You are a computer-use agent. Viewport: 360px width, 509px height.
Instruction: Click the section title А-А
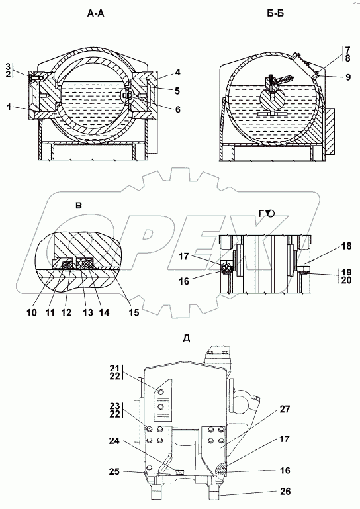click(96, 13)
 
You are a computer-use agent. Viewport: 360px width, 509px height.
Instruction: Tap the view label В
click(79, 205)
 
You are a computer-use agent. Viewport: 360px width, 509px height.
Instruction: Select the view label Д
click(187, 338)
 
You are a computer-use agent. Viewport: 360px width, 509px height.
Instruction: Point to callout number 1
click(10, 107)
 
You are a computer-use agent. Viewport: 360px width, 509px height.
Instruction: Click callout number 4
click(177, 72)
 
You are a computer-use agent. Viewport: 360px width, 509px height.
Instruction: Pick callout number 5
click(177, 91)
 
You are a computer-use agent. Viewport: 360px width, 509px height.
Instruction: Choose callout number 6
click(177, 109)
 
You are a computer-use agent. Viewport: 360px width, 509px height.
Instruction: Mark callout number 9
click(348, 77)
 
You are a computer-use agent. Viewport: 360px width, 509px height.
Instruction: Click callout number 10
click(32, 312)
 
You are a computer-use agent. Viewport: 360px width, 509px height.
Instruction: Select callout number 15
click(134, 312)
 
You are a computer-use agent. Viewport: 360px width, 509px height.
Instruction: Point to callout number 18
click(347, 246)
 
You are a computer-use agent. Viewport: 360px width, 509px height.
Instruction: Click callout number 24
click(114, 441)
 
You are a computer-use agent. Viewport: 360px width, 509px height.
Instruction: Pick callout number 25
click(114, 471)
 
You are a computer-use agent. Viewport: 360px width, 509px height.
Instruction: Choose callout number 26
click(285, 492)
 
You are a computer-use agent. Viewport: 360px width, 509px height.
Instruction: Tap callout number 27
click(285, 409)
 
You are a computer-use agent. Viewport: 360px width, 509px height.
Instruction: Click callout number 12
click(66, 312)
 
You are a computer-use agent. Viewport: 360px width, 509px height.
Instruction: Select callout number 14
click(104, 312)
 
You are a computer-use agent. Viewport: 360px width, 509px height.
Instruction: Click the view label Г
click(261, 213)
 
